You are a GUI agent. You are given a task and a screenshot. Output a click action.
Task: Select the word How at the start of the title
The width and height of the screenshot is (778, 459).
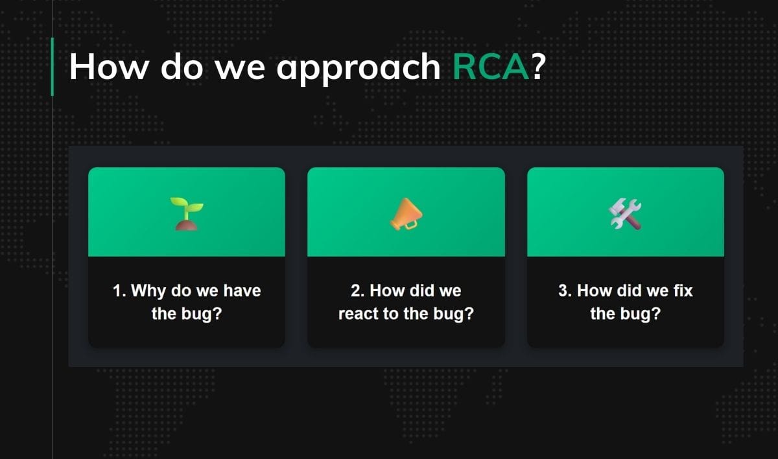tap(108, 66)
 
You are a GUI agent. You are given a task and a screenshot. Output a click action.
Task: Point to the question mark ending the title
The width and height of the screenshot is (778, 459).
tap(537, 66)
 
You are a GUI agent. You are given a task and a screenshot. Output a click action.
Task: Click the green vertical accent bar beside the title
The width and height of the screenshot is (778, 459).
tap(52, 67)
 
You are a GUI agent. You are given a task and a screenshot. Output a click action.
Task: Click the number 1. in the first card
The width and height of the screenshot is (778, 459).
tap(119, 290)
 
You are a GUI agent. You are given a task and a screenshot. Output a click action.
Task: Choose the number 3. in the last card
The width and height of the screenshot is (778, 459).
tap(565, 290)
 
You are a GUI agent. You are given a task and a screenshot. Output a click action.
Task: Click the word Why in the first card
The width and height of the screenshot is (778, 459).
tap(148, 290)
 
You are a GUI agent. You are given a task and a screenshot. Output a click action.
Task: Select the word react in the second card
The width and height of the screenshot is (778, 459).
tap(357, 314)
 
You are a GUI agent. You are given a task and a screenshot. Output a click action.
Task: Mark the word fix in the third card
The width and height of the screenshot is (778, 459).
tap(683, 290)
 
